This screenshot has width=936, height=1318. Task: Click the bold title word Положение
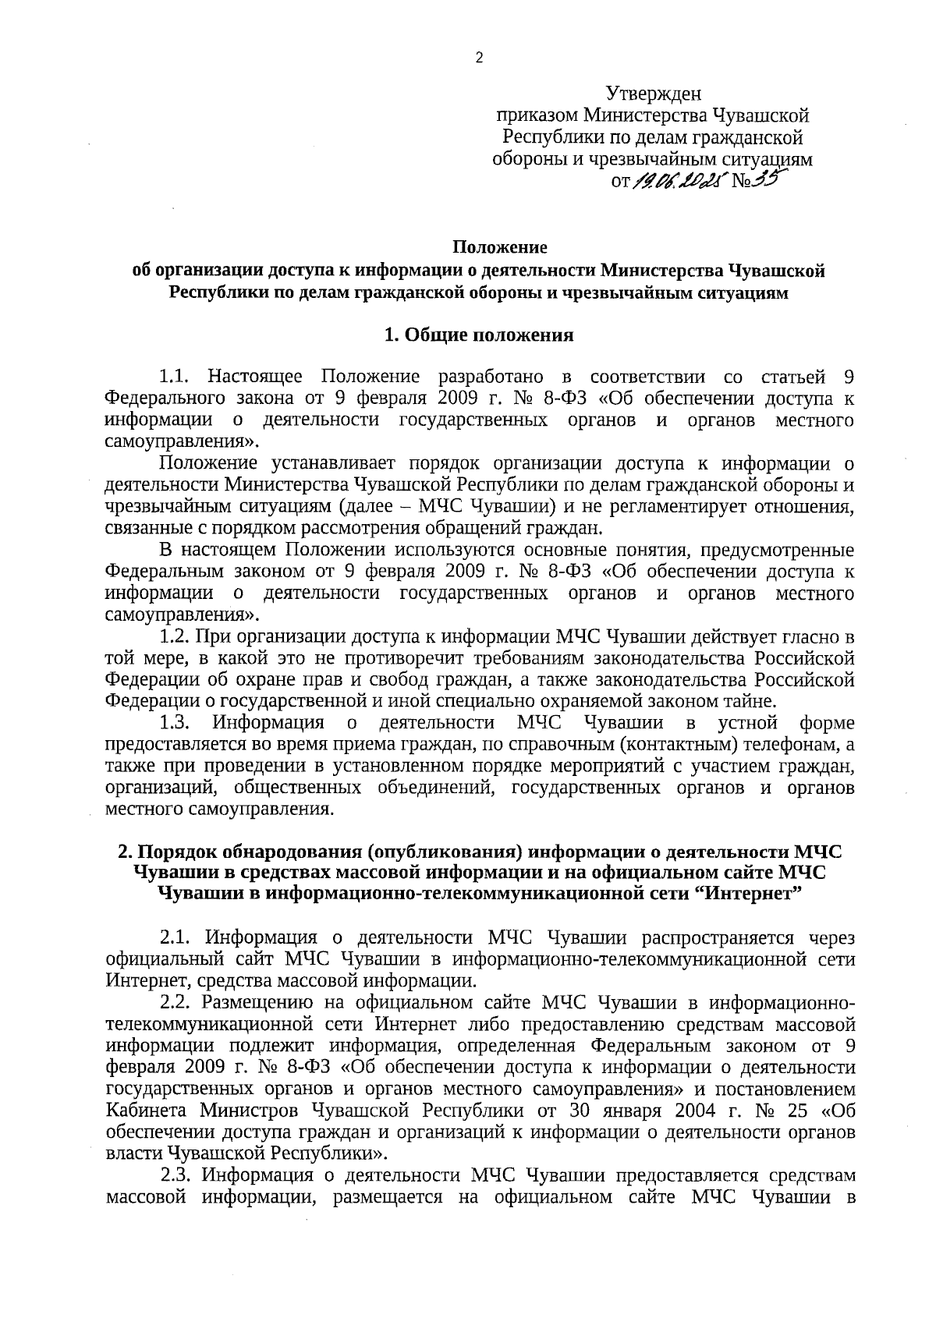(500, 247)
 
